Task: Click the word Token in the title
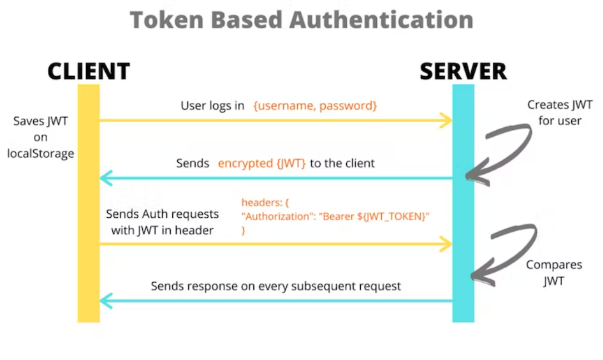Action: click(x=167, y=19)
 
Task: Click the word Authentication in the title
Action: click(x=381, y=19)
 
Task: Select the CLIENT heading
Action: click(x=89, y=71)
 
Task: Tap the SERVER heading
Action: click(x=464, y=71)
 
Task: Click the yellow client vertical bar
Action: click(x=89, y=203)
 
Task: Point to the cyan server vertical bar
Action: click(x=464, y=203)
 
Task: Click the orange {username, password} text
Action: click(x=315, y=106)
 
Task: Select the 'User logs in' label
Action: click(x=212, y=106)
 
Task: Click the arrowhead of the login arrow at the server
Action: click(x=447, y=121)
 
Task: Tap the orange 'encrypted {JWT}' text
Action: click(x=262, y=163)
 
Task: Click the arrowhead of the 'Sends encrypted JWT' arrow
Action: click(x=105, y=178)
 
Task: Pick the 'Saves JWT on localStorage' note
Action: click(x=41, y=137)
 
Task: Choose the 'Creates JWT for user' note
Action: click(x=560, y=113)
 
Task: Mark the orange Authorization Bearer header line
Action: click(x=335, y=217)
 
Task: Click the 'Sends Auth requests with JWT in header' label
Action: click(x=162, y=222)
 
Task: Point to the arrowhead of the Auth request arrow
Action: click(x=447, y=244)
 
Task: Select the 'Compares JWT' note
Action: click(x=554, y=273)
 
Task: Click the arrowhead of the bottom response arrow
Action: click(x=105, y=301)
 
